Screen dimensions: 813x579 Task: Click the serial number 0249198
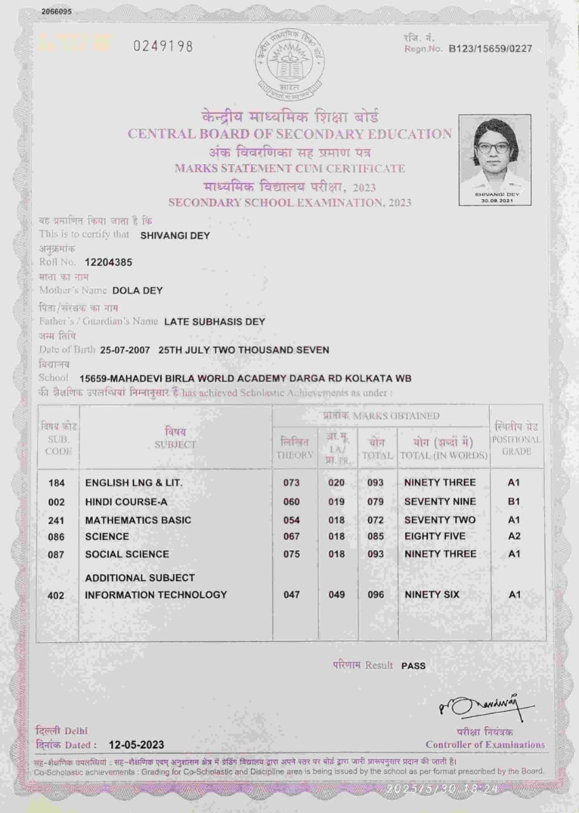point(162,46)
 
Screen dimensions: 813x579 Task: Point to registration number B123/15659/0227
point(491,49)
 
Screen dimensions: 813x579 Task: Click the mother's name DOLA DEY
point(137,290)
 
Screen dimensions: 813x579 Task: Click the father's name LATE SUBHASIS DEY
point(214,321)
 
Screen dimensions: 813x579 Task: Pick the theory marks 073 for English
point(291,483)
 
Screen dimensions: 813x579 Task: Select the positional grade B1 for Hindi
point(514,501)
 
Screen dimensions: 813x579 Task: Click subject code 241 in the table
point(57,520)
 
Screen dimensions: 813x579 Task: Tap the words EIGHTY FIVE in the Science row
point(435,536)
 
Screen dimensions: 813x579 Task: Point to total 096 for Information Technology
point(376,595)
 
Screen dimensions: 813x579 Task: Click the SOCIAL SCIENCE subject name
point(127,554)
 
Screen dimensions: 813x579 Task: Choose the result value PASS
point(413,666)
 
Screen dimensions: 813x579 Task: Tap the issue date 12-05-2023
point(137,744)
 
